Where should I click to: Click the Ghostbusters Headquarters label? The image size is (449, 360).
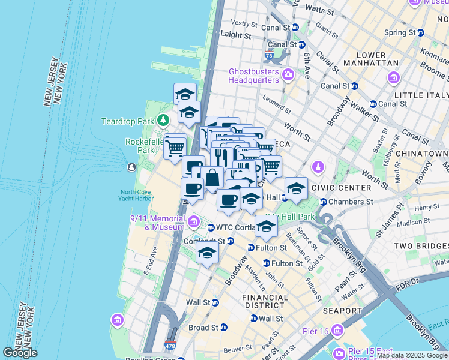coord(254,76)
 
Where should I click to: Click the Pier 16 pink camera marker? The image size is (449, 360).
coord(336,331)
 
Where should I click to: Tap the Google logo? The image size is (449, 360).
coord(20,353)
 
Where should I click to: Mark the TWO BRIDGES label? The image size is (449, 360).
coord(420,247)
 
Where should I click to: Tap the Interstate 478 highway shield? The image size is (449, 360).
coord(171,346)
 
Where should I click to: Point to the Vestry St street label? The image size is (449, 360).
coord(244,23)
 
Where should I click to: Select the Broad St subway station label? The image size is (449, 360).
coord(203,328)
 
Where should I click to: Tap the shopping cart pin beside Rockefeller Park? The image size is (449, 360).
coord(175,146)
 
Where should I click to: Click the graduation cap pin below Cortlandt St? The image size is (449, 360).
coord(207,253)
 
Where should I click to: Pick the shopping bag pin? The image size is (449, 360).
coord(212,178)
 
